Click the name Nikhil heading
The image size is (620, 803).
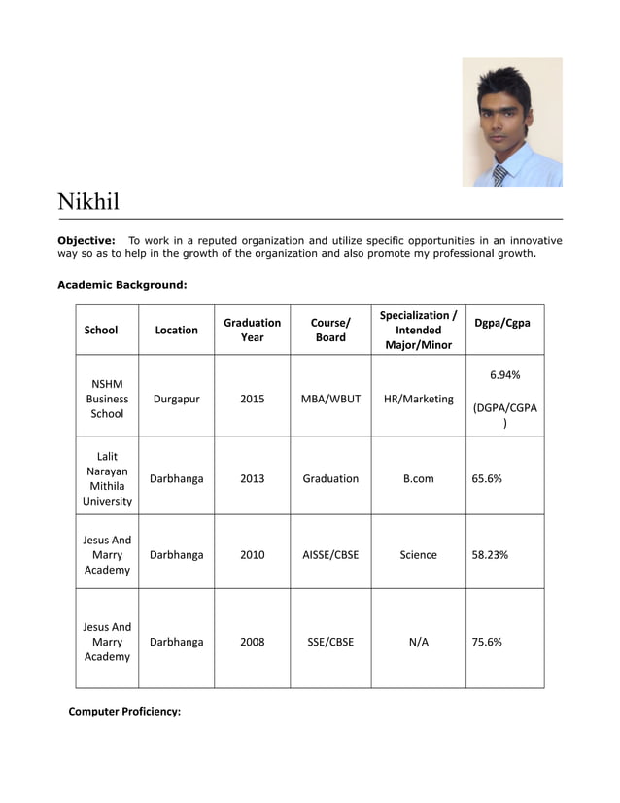coord(88,202)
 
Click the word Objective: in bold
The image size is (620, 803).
coord(86,240)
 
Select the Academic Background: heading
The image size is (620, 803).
coord(121,285)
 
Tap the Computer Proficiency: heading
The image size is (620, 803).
coord(124,711)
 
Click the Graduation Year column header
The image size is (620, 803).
coord(252,330)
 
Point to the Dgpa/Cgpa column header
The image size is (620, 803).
coord(503,323)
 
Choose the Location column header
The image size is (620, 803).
coord(176,330)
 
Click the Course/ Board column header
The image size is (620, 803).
coord(330,330)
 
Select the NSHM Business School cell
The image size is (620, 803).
coord(107,399)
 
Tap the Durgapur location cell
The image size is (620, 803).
coord(176,399)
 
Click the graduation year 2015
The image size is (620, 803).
coord(252,399)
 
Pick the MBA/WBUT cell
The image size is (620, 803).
coord(330,399)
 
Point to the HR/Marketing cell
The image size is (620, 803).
coord(418,399)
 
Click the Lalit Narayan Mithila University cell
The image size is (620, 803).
coord(107,478)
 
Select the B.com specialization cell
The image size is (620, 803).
coord(418,478)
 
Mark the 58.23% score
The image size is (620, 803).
coord(490,554)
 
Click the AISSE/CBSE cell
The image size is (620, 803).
coord(330,554)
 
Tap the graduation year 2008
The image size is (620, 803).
coord(252,642)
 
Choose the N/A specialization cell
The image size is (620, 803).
coord(418,642)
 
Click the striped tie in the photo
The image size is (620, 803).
coord(499,175)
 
